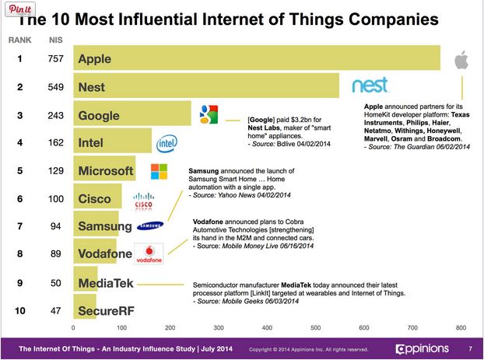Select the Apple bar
coord(257,59)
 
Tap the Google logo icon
coord(207,114)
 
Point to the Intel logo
coord(167,143)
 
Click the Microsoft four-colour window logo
coord(158,171)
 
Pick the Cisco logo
coord(145,201)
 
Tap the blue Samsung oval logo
coord(149,227)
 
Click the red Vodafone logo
coord(149,254)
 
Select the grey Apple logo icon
coord(461,61)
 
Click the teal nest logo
coord(375,85)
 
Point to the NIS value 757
coord(54,59)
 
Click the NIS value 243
coord(54,115)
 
